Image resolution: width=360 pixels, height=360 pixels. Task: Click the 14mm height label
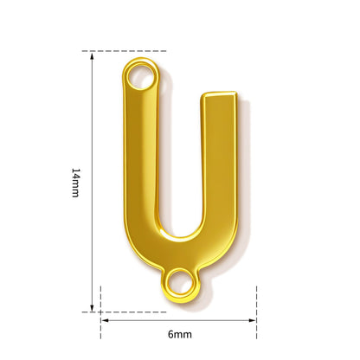point(75,183)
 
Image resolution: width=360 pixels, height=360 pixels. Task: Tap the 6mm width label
point(180,334)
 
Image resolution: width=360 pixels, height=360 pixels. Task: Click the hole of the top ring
point(140,76)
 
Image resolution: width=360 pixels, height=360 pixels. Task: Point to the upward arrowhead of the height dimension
point(92,56)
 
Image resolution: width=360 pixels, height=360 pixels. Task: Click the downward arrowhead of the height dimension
point(92,308)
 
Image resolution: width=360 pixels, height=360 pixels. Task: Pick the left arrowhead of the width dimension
point(105,320)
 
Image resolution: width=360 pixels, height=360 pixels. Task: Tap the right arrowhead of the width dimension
point(253,320)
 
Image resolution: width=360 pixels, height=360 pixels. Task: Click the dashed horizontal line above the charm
point(124,51)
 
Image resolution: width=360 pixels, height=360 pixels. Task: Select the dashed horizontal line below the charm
point(124,312)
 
